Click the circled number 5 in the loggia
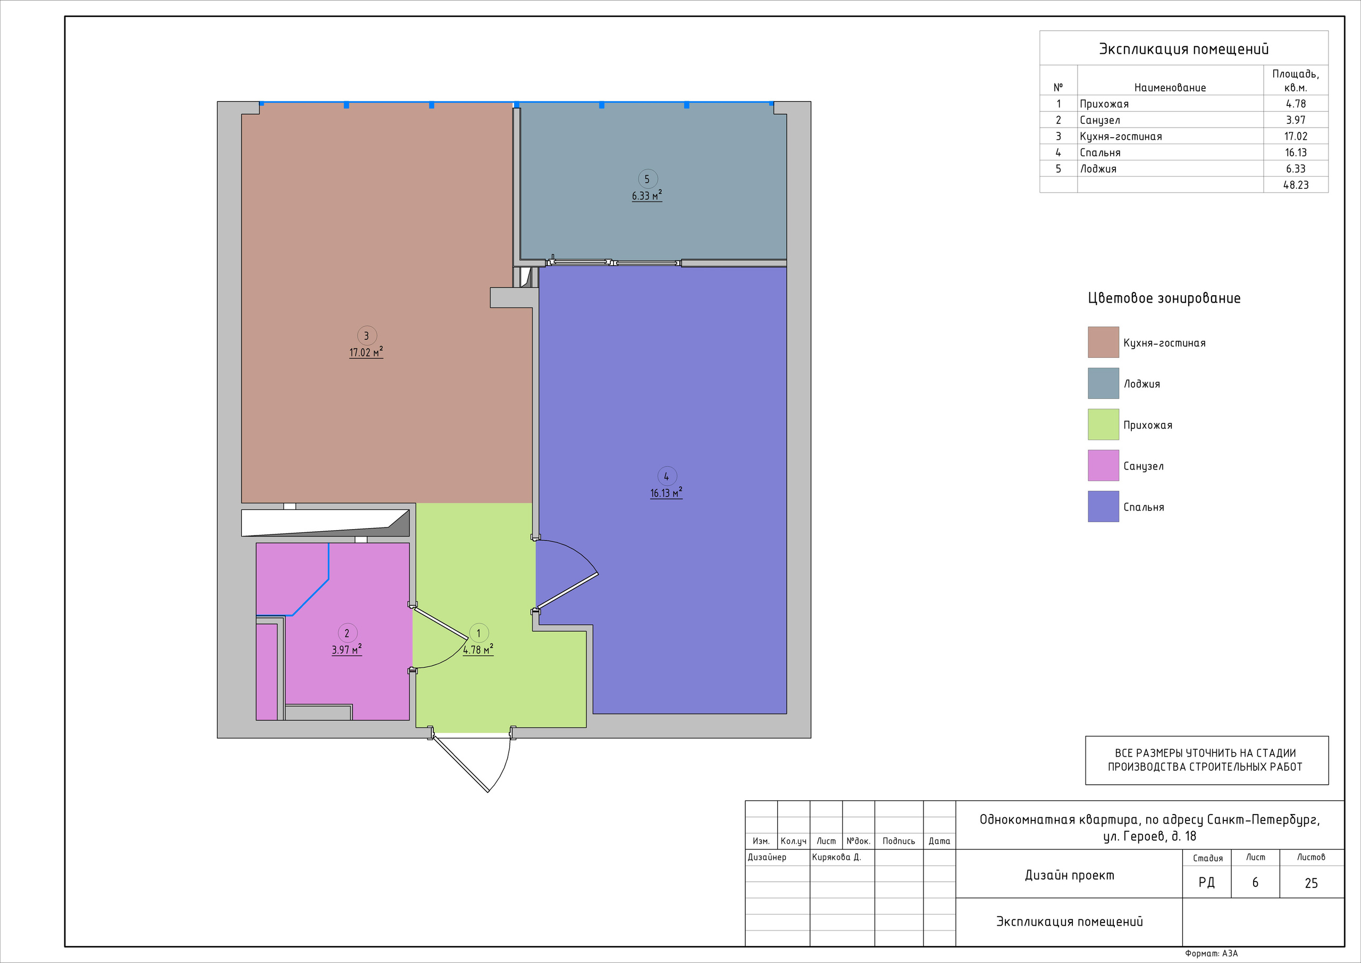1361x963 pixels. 646,179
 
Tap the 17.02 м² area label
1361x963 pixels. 366,352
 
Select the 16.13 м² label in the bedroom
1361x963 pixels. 666,493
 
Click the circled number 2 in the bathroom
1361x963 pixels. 347,633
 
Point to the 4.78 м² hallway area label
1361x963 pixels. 478,650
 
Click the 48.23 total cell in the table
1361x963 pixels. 1296,185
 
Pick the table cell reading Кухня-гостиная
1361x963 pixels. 1120,136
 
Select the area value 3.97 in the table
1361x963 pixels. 1296,120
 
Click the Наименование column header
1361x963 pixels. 1170,88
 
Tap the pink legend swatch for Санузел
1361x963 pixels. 1103,465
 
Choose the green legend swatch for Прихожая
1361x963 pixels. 1103,424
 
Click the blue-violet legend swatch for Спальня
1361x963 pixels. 1103,506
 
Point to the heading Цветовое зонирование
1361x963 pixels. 1164,298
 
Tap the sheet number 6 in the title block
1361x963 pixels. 1255,883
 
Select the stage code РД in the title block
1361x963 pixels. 1206,883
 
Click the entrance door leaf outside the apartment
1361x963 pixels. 461,765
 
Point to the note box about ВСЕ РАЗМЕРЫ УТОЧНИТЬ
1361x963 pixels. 1206,760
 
